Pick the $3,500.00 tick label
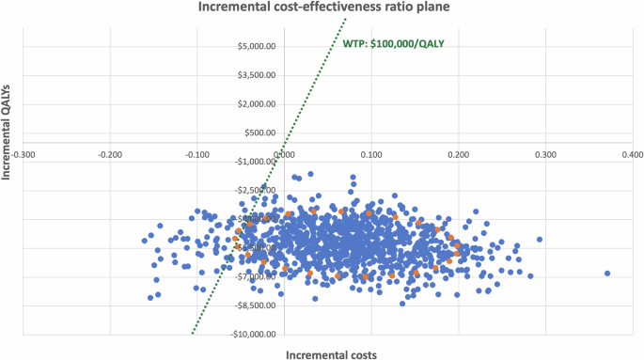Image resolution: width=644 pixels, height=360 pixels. coord(257,75)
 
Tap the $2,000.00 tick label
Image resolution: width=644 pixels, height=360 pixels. coord(257,104)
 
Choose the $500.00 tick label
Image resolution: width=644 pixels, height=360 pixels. coord(260,133)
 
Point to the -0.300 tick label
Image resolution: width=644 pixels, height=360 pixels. coord(24,153)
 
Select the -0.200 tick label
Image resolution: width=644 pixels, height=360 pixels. coord(110,153)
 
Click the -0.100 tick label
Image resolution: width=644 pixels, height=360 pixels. coord(196,153)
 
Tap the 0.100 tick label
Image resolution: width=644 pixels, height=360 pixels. coord(371,153)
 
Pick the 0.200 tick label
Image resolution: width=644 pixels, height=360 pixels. coord(458,153)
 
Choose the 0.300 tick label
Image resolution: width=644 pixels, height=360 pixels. coord(544,153)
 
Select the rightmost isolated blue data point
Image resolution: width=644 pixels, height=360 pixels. coord(607,274)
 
